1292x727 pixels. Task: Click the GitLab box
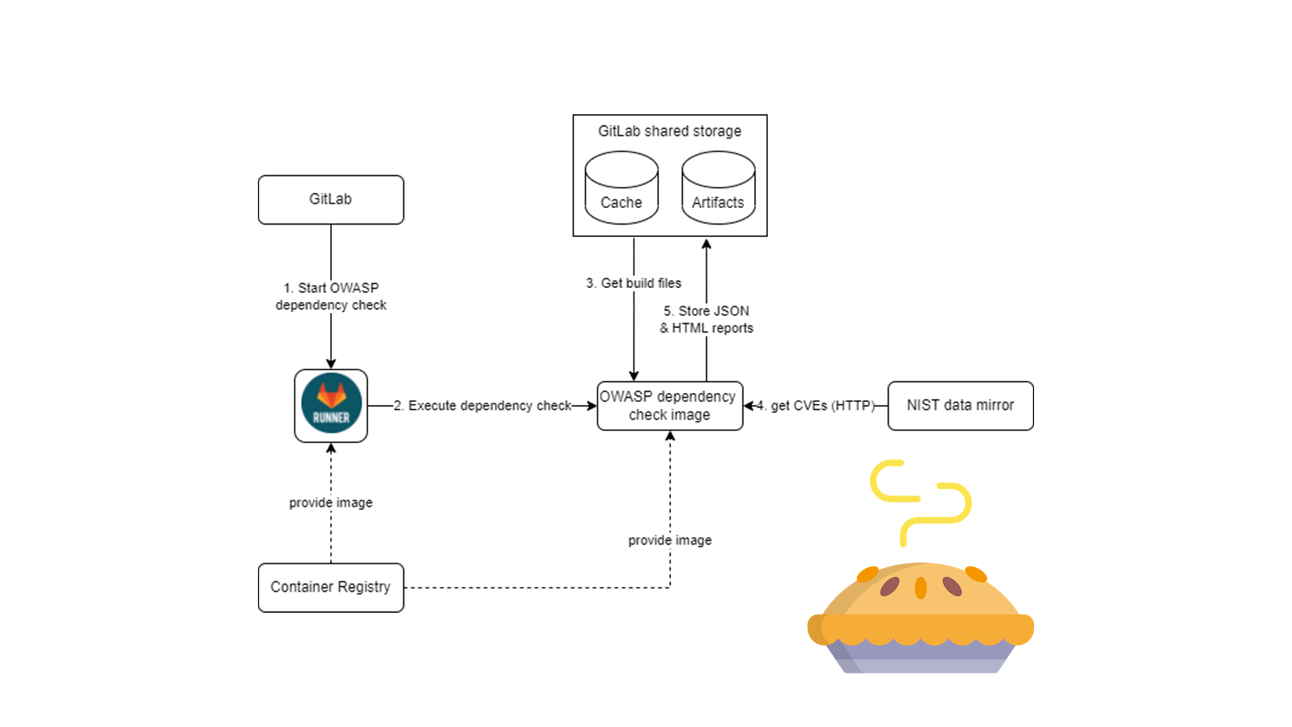coord(331,200)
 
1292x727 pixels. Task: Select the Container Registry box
coord(331,587)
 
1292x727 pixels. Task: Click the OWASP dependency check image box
coord(670,406)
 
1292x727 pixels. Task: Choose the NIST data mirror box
coord(961,406)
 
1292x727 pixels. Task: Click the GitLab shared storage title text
coord(670,131)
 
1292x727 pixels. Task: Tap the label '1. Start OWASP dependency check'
coord(331,297)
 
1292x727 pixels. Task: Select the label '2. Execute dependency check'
coord(490,406)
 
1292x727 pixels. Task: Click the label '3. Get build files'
coord(634,283)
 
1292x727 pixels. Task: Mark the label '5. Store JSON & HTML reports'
coord(707,320)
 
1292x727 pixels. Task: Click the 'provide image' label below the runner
coord(331,503)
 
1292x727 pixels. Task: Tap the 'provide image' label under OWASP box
coord(670,540)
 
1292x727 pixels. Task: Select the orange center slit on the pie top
coord(921,587)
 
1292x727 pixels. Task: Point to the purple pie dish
coord(921,659)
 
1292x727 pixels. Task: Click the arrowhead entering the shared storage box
coord(707,244)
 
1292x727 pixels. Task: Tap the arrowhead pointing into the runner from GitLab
coord(331,364)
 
